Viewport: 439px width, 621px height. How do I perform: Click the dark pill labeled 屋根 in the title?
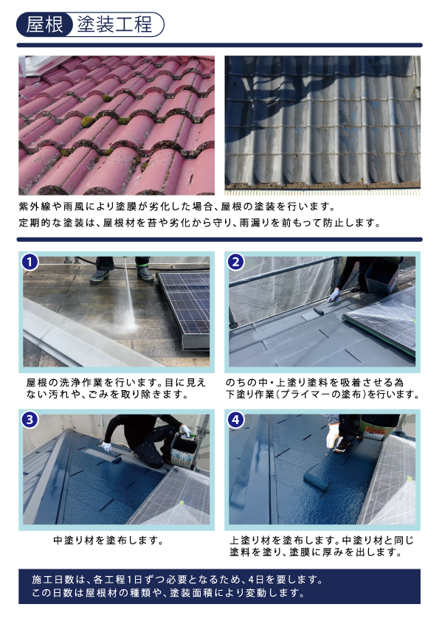[44, 24]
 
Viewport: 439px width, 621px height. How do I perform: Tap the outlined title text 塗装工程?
[114, 24]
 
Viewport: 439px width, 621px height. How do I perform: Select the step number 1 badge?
[30, 262]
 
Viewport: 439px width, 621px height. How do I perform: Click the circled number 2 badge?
[236, 262]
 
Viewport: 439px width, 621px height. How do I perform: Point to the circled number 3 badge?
[30, 420]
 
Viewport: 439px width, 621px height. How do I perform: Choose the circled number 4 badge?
[236, 420]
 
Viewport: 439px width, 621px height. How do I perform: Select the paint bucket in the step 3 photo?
[184, 449]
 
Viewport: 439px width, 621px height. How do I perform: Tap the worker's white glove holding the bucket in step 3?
[185, 431]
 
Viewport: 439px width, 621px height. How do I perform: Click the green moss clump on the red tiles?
[88, 122]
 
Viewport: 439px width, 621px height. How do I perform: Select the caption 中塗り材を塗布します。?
[108, 540]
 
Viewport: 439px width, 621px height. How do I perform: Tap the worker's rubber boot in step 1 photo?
[100, 275]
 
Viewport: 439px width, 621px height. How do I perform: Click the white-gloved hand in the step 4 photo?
[333, 436]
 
